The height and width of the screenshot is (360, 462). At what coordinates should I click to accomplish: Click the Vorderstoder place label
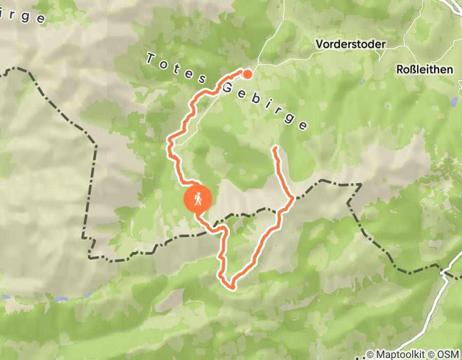350,44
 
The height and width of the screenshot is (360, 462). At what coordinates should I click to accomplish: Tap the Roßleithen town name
424,69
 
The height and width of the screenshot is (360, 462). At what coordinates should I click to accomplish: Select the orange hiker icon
198,199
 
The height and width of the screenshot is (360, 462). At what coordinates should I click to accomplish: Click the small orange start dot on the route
247,74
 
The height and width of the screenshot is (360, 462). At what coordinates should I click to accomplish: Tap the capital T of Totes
151,59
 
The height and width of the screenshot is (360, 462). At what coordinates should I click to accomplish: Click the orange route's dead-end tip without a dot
275,148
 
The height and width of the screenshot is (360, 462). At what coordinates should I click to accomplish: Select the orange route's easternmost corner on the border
293,197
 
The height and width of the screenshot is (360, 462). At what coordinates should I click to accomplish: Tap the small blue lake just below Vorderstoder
362,82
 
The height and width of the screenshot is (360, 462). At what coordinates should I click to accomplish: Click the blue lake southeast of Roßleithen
453,101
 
